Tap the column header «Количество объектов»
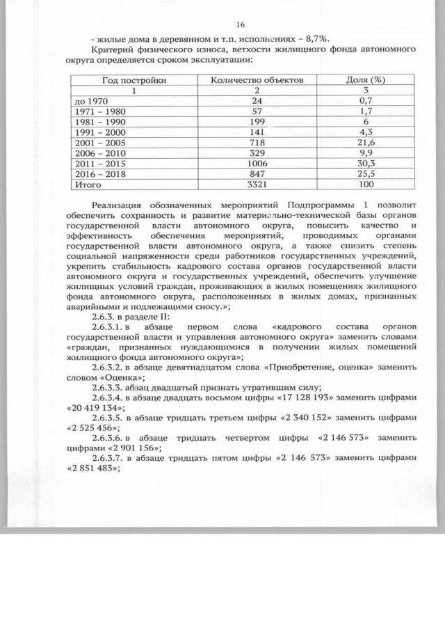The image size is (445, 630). pos(257,80)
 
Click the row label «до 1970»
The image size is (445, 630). pos(90,101)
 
